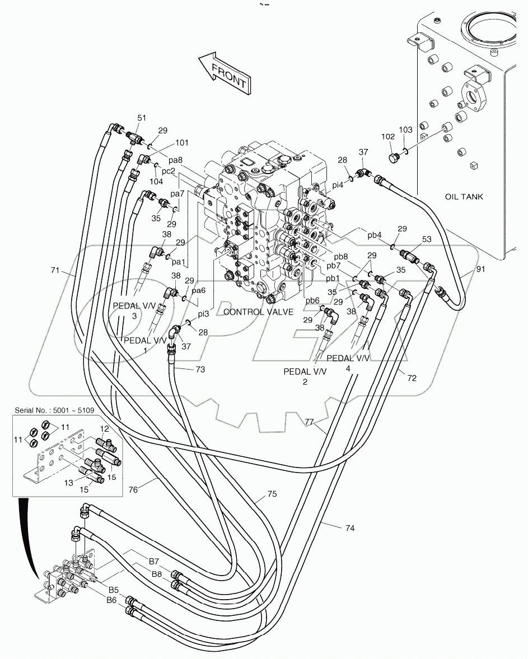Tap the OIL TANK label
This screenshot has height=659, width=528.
464,197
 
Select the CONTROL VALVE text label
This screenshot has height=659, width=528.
258,312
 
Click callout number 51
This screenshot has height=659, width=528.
142,118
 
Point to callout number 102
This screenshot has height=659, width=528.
388,136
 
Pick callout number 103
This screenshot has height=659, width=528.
405,130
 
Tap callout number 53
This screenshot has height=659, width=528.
427,240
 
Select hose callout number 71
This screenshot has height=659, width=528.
55,271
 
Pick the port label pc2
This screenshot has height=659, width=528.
169,171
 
